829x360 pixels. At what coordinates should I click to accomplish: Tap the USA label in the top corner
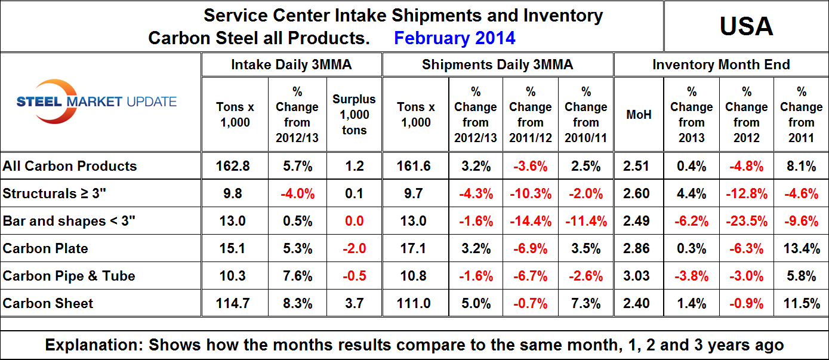tap(746, 26)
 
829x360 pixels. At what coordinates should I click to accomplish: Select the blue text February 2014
tap(454, 38)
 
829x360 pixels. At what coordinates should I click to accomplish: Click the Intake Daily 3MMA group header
tap(291, 64)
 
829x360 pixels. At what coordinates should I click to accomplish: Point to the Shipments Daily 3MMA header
tap(497, 64)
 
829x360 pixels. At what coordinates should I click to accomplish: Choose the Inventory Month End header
tap(721, 64)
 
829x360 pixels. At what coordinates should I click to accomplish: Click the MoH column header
tap(639, 114)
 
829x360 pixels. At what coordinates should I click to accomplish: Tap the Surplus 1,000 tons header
tap(355, 115)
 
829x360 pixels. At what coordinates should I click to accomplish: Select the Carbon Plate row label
tap(45, 248)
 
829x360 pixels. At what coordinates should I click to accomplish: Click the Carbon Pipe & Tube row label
tap(69, 276)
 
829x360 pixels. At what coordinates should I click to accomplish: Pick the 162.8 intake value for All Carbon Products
tap(233, 166)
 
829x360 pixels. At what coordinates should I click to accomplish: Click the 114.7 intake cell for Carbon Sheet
tap(233, 303)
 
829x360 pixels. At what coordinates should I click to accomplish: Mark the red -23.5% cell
tap(746, 221)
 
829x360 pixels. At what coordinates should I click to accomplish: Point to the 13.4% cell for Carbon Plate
tap(801, 248)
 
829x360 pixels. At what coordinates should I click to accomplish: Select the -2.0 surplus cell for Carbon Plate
tap(355, 248)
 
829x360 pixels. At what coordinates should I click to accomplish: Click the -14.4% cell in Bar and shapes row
tap(531, 221)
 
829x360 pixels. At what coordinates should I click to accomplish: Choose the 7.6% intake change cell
tap(297, 276)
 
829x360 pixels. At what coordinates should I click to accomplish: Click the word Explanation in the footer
tap(93, 345)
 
